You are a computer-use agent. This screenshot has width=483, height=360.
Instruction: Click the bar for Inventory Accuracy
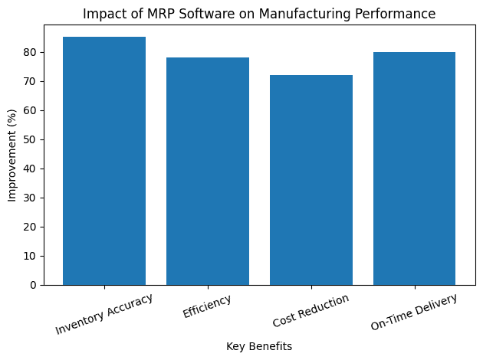[104, 161]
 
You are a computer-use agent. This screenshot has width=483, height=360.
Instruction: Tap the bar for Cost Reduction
[311, 180]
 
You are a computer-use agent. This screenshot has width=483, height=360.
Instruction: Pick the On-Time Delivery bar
[415, 169]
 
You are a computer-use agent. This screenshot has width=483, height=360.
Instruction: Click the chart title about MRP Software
[259, 14]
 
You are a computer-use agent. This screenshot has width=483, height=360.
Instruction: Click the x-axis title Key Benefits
[259, 346]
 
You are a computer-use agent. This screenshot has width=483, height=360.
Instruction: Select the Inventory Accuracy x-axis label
[104, 314]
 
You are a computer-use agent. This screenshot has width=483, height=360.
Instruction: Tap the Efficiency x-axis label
[207, 306]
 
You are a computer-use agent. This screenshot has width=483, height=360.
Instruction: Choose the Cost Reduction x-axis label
[310, 311]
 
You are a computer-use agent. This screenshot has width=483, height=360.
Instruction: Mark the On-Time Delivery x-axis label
[413, 313]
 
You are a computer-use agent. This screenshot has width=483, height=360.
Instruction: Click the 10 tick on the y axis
[29, 256]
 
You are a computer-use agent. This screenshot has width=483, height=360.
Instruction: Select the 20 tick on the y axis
[29, 227]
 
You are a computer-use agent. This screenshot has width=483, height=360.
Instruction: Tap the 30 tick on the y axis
[29, 198]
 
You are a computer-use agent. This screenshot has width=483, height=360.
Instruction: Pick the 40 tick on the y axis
[29, 169]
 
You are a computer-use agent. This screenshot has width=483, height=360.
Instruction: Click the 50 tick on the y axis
[29, 139]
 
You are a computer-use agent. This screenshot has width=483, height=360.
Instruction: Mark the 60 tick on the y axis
[29, 110]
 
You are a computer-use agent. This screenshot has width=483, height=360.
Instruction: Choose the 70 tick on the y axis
[29, 81]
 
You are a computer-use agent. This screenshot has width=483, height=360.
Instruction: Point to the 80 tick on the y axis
[29, 52]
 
